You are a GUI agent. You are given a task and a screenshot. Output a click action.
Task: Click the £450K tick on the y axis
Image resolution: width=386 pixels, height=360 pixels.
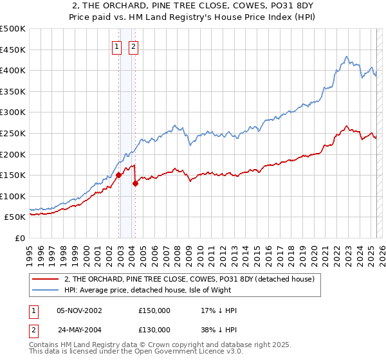[14, 50]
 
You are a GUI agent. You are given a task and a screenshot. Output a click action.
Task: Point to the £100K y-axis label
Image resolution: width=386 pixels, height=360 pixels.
[14, 196]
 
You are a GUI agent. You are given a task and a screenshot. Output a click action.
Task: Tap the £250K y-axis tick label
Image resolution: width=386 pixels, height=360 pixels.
[14, 133]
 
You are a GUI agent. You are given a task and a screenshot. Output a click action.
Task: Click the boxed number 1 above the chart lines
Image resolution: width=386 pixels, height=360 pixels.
[117, 46]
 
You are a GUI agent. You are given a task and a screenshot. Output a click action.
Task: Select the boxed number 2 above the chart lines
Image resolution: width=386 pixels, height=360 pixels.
[133, 46]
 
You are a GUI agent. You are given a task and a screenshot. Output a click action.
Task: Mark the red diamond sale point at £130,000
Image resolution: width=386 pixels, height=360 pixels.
[135, 183]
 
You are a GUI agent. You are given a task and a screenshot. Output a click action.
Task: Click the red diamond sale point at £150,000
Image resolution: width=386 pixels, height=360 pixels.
[119, 174]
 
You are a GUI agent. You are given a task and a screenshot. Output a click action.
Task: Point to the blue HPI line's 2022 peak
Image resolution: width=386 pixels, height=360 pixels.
[346, 57]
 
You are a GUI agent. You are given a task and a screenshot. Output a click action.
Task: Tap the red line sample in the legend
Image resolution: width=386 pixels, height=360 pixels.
[46, 279]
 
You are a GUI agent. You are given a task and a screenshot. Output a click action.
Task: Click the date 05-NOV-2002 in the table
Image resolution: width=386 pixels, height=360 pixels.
[80, 310]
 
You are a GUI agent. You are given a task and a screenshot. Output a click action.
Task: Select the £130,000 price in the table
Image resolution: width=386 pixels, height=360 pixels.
[154, 330]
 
